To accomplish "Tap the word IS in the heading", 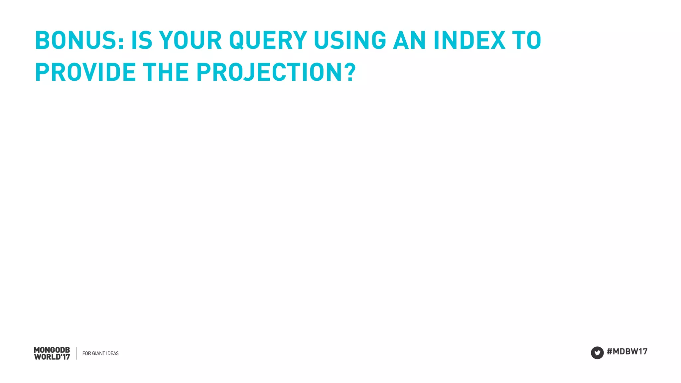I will pyautogui.click(x=142, y=41).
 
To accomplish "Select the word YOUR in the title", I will pyautogui.click(x=191, y=41).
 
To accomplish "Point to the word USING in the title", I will pyautogui.click(x=350, y=41).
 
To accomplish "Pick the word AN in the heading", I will pyautogui.click(x=409, y=41).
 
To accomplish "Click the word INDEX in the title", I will pyautogui.click(x=470, y=41).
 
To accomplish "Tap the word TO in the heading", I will pyautogui.click(x=527, y=41).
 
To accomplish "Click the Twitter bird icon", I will pyautogui.click(x=597, y=353).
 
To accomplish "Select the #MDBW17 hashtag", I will pyautogui.click(x=627, y=351).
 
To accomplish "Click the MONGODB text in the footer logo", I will pyautogui.click(x=52, y=350).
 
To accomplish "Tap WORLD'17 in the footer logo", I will pyautogui.click(x=52, y=357).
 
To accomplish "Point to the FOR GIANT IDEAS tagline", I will pyautogui.click(x=100, y=353).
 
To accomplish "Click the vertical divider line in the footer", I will pyautogui.click(x=76, y=353).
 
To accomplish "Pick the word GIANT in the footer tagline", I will pyautogui.click(x=98, y=353).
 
